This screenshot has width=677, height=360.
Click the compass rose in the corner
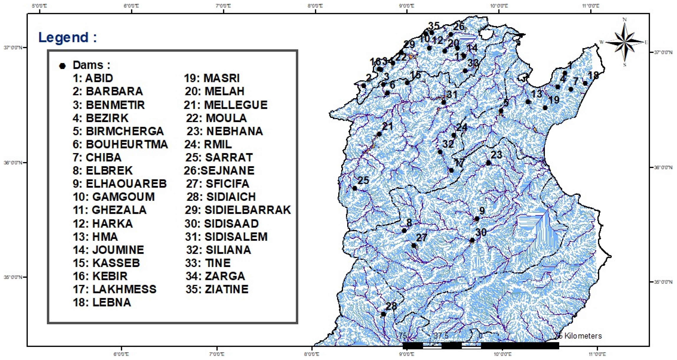click(625, 42)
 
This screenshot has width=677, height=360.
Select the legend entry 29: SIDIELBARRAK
click(238, 210)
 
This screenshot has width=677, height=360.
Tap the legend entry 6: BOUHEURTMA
click(120, 144)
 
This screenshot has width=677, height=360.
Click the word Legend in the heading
click(64, 37)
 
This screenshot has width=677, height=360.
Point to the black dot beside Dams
click(62, 66)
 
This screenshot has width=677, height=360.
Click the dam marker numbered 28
click(383, 314)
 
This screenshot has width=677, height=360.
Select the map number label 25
click(364, 180)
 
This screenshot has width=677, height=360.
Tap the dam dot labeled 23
click(488, 163)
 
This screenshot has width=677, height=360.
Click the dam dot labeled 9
click(477, 219)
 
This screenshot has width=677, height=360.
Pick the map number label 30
click(481, 232)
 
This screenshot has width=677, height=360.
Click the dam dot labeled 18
click(585, 83)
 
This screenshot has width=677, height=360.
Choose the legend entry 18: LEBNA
click(102, 302)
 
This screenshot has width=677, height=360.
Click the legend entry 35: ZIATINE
click(217, 289)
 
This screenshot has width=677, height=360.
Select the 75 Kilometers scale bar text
click(578, 336)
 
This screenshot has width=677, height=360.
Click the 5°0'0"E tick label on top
click(39, 6)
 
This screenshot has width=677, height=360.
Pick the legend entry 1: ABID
click(93, 78)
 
